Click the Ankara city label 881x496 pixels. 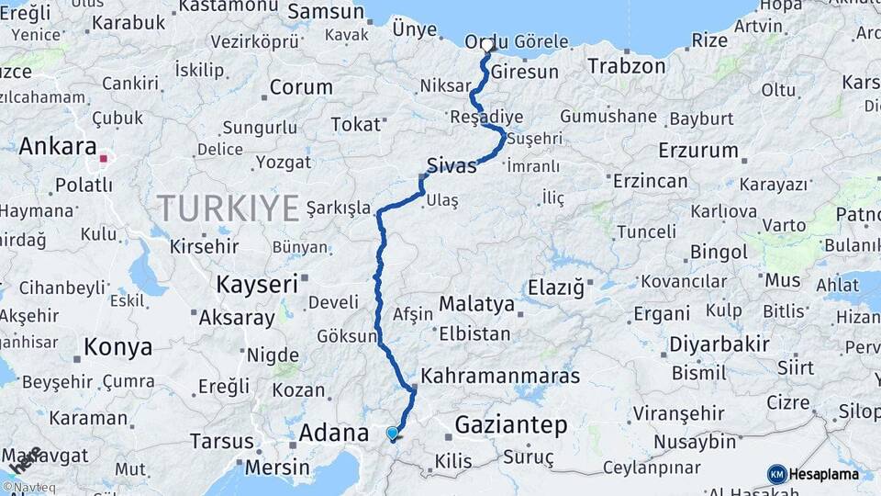click(57, 146)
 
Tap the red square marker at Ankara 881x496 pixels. click(104, 158)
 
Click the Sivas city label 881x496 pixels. click(452, 166)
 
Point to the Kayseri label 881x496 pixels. click(257, 285)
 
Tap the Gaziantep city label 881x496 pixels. click(510, 425)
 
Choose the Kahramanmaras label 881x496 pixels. click(500, 376)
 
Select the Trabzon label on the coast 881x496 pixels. click(626, 66)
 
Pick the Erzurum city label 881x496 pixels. click(698, 150)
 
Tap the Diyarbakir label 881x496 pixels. click(719, 344)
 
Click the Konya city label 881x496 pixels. click(117, 347)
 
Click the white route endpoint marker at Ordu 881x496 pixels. click(487, 44)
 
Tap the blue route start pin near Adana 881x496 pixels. click(393, 433)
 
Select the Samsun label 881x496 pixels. click(326, 12)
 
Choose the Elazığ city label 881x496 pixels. click(555, 288)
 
